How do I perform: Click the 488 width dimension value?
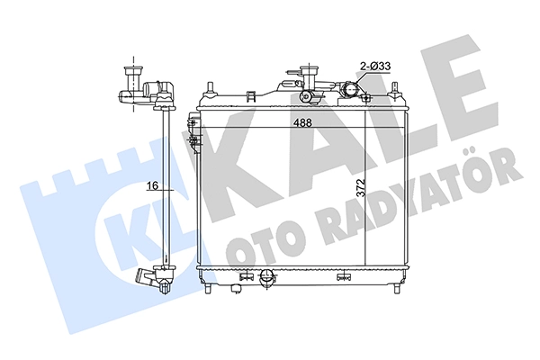pyautogui.click(x=302, y=122)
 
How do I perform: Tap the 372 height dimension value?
pyautogui.click(x=360, y=188)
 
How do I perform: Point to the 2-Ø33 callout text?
pyautogui.click(x=375, y=66)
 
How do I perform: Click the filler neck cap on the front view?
pyautogui.click(x=308, y=72)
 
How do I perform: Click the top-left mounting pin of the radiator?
pyautogui.click(x=209, y=88)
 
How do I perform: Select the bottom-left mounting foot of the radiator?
pyautogui.click(x=208, y=288)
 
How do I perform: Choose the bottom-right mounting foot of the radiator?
pyautogui.click(x=396, y=288)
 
